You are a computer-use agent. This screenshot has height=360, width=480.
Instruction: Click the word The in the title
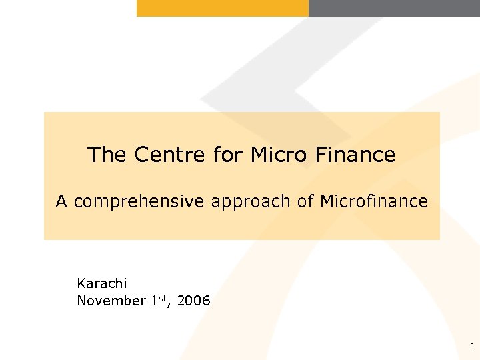107,155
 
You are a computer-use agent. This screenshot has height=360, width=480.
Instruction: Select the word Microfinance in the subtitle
373,201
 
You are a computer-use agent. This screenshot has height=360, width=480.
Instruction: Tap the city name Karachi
101,283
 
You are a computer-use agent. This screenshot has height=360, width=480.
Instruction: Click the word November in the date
111,301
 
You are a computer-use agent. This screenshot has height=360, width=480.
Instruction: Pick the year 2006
194,301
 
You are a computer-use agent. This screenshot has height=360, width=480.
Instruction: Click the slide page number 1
472,345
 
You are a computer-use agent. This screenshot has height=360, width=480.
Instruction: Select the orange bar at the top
223,8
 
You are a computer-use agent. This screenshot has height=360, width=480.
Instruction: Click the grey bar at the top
394,8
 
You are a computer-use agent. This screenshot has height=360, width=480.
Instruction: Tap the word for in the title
228,155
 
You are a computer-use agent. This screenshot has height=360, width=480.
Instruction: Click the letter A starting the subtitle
61,201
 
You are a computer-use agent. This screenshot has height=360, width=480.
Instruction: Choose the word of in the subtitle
305,201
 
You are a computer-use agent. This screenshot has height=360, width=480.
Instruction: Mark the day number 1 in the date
153,301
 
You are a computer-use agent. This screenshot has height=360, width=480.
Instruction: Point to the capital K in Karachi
81,283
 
